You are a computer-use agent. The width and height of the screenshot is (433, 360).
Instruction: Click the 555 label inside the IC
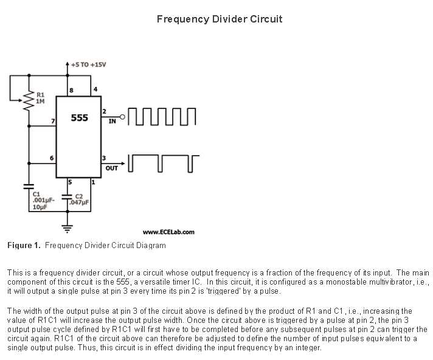click(79, 118)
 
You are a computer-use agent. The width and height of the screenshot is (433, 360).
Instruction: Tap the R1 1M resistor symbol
click(29, 102)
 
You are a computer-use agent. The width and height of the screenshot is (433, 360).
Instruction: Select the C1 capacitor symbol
click(29, 186)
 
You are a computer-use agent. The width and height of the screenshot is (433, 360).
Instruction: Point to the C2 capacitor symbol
click(68, 197)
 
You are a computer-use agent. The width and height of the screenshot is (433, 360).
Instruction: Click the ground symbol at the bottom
click(68, 229)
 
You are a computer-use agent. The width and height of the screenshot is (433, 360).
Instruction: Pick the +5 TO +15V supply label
click(88, 65)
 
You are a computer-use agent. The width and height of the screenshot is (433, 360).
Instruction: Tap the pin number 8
click(72, 90)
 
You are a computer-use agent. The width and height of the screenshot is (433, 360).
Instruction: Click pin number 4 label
click(95, 89)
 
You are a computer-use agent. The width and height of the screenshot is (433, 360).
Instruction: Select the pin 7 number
click(53, 121)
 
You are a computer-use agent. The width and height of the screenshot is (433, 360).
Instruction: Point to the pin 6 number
click(52, 158)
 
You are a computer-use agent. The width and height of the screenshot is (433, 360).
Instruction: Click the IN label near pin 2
click(112, 121)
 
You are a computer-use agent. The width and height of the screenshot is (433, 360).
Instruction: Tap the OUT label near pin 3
click(111, 168)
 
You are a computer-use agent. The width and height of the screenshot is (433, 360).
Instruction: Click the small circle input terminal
click(122, 117)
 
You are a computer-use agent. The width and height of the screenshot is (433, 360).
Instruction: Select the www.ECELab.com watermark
click(168, 232)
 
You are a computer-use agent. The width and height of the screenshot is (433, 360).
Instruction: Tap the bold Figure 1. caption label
click(24, 245)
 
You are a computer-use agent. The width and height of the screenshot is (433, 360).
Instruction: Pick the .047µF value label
click(79, 202)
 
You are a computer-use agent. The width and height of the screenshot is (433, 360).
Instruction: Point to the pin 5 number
click(70, 182)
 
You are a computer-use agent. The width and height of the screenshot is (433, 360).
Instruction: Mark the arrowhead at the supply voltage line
click(68, 64)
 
